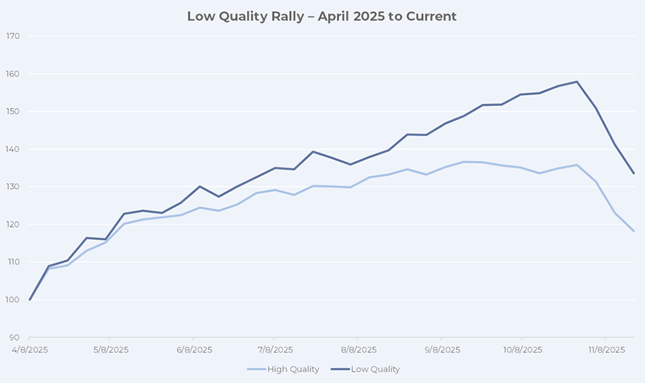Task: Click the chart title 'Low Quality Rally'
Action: (x=322, y=16)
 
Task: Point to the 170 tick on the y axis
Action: (x=12, y=36)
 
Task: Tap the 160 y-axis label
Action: (x=12, y=74)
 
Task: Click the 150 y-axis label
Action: (x=12, y=112)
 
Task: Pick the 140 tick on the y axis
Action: (x=12, y=149)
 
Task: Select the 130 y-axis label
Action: (x=12, y=187)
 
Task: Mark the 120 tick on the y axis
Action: (x=12, y=224)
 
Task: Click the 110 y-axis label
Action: (x=12, y=262)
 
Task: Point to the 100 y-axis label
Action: (x=12, y=299)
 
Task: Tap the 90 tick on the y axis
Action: (x=14, y=337)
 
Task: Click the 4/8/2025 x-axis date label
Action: (x=29, y=350)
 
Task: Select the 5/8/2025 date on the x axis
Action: (x=109, y=350)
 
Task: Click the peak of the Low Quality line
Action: (x=577, y=82)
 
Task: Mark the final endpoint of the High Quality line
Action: (x=634, y=231)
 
